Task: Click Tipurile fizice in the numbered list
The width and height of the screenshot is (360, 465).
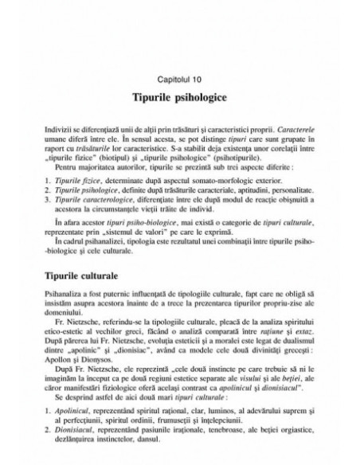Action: tap(76, 182)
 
